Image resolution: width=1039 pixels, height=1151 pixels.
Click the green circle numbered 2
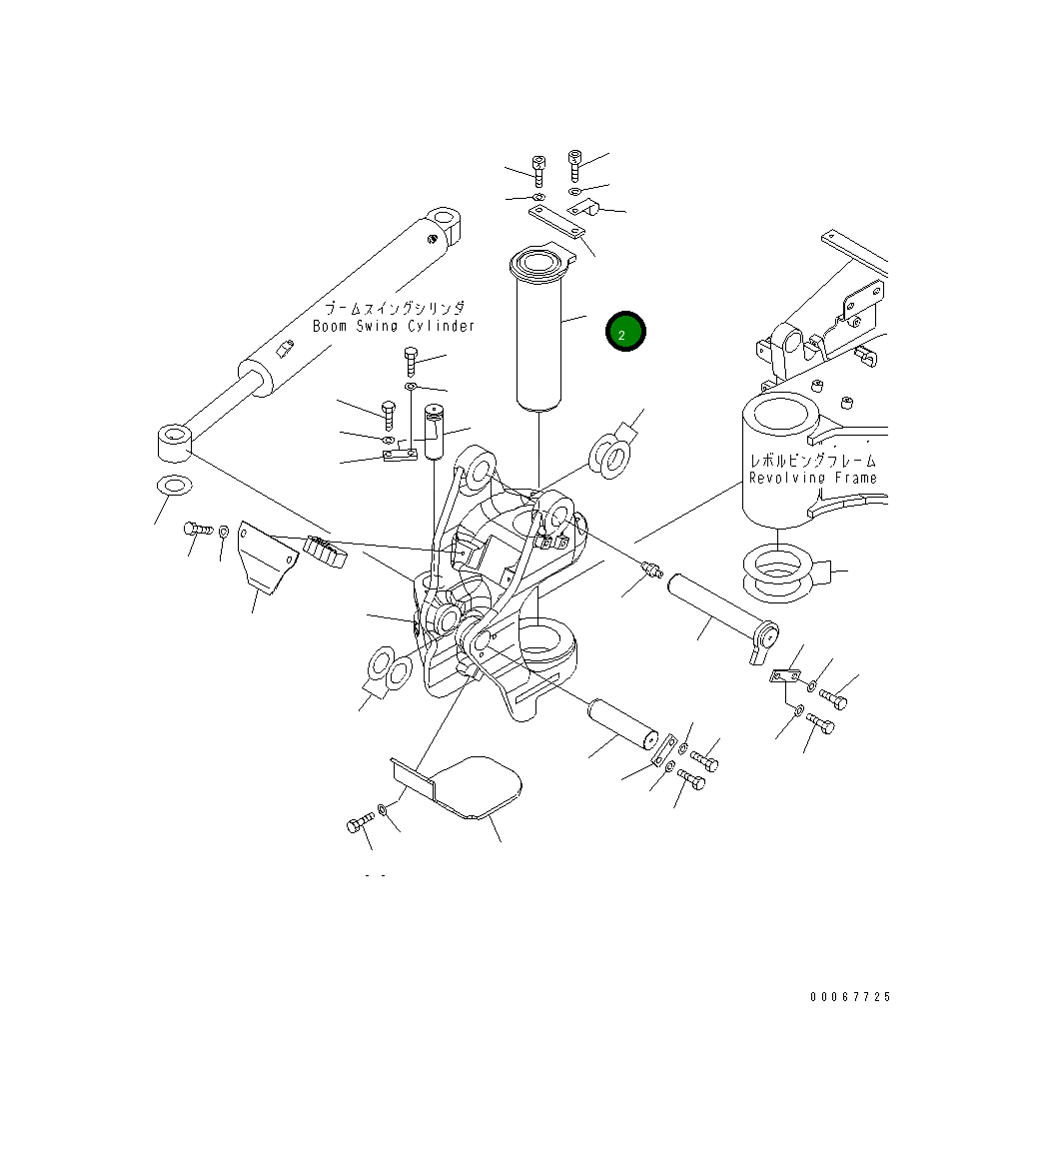coord(625,334)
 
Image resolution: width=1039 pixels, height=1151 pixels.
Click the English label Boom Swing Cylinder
coord(394,327)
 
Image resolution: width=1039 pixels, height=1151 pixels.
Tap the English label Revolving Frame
coord(812,478)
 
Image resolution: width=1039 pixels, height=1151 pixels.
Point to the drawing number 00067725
coord(849,997)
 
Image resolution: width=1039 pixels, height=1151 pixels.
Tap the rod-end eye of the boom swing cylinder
coord(174,443)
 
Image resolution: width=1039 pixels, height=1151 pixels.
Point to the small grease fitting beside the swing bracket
coord(651,571)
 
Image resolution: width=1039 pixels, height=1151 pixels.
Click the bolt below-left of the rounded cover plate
coord(359,824)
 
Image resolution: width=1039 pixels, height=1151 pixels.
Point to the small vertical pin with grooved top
coord(434,431)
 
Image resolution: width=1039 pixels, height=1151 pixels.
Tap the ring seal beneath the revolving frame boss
coord(780,572)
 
